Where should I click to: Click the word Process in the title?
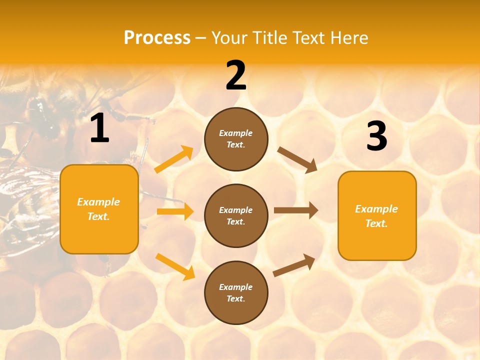tap(157, 38)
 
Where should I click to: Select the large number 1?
tap(99, 128)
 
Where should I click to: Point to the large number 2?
tap(236, 75)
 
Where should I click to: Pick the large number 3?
tap(376, 136)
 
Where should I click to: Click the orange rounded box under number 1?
tap(99, 209)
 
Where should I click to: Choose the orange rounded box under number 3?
tap(377, 215)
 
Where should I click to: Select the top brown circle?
tap(236, 139)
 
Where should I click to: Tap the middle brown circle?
tap(236, 215)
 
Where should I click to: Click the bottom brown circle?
tap(236, 292)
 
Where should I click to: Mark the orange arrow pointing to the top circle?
tap(174, 159)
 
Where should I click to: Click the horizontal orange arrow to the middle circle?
tap(175, 211)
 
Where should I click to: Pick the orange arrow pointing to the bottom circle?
tap(175, 266)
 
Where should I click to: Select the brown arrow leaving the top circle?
tap(297, 159)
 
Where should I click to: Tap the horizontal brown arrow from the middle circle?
tap(296, 210)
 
